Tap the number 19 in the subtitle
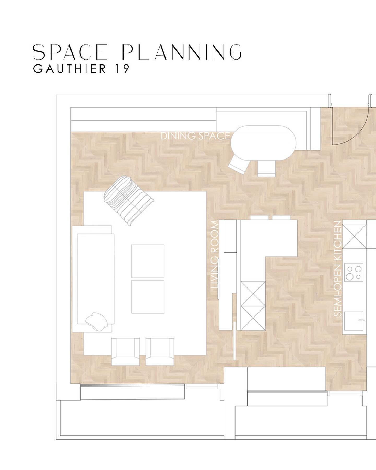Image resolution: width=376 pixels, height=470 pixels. tap(121, 69)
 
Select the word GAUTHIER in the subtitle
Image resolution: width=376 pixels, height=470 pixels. tap(69, 69)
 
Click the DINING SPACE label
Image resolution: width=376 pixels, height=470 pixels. tap(195, 136)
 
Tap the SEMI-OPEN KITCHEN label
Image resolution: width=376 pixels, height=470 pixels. tap(338, 269)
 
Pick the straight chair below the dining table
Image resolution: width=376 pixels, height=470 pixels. tap(266, 168)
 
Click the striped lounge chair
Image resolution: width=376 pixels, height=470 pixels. tap(129, 200)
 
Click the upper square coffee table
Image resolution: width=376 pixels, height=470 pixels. tap(148, 261)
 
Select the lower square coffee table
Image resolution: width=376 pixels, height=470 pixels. tap(148, 297)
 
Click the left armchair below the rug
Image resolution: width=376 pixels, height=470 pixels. tap(125, 351)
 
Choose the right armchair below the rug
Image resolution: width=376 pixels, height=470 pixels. tap(160, 351)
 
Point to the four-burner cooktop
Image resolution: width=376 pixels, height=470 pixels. tap(354, 273)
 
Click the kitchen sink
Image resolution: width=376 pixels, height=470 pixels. tap(354, 321)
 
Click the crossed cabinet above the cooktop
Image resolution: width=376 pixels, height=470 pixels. tap(355, 236)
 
